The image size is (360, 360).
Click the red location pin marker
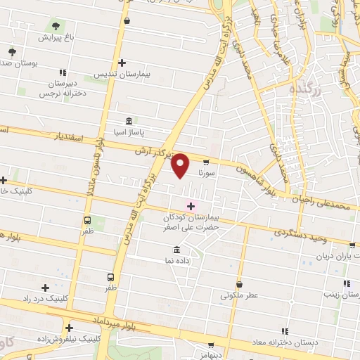[181, 166]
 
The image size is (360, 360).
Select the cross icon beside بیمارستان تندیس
[123, 63]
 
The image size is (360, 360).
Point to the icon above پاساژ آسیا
[128, 121]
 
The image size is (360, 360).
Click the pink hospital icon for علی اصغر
[190, 205]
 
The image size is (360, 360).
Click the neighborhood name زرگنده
[306, 89]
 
